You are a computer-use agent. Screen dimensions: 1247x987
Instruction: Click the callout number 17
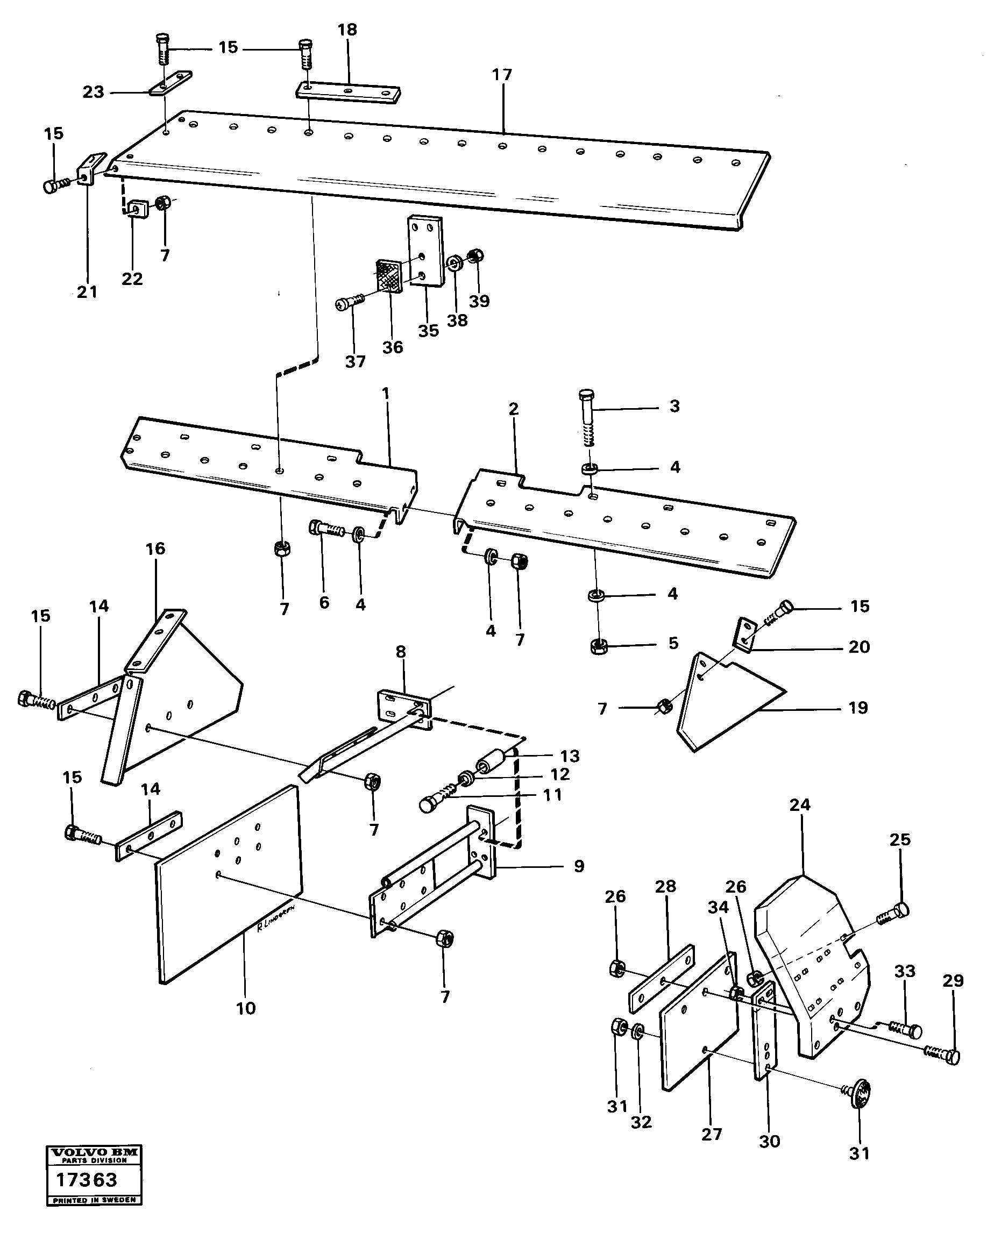point(502,75)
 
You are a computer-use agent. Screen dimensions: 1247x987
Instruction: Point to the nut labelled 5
point(598,645)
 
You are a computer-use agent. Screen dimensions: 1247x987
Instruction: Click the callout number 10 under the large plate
point(246,1008)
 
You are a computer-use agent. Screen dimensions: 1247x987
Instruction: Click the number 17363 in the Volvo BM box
point(87,1179)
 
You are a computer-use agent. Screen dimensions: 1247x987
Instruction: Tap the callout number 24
point(800,804)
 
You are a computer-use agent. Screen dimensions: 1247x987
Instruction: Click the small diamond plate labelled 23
point(171,84)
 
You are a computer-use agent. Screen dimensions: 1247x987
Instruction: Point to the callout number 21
point(87,292)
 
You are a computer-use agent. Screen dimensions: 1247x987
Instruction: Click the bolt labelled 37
point(351,303)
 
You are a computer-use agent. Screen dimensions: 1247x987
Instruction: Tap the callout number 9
point(578,866)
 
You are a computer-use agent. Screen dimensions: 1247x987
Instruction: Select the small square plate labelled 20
point(745,634)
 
